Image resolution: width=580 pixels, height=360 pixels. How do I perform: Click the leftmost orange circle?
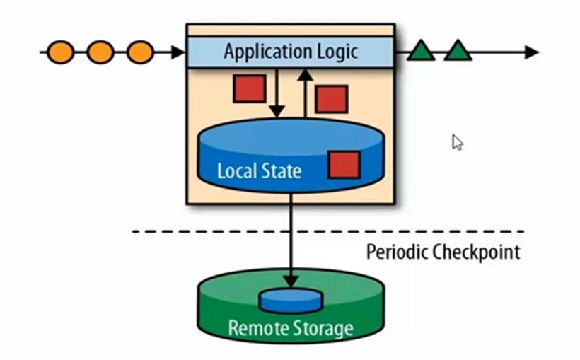click(x=61, y=52)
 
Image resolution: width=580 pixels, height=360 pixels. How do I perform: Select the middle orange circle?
click(x=101, y=52)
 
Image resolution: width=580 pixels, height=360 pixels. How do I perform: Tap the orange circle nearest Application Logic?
click(x=140, y=52)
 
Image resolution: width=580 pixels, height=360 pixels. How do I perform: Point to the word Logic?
click(x=335, y=52)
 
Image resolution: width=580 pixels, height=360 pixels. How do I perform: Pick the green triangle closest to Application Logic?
click(x=422, y=51)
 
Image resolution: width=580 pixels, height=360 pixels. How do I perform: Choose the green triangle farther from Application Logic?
click(x=458, y=51)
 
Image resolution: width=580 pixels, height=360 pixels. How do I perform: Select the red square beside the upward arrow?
click(x=331, y=99)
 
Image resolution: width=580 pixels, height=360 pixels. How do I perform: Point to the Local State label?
click(x=258, y=170)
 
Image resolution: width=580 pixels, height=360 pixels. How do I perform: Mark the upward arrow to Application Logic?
click(x=305, y=92)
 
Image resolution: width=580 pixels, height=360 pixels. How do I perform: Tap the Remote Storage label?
click(x=290, y=327)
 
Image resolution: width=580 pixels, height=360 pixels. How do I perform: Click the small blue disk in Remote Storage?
click(x=290, y=301)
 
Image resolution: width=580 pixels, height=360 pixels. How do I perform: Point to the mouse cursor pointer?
click(x=457, y=141)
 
